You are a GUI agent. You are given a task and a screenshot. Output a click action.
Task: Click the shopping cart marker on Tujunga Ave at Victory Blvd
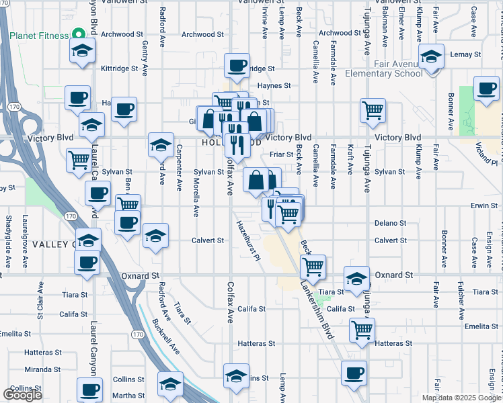click(373, 110)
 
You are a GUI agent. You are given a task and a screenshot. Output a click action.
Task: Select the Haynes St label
click(274, 86)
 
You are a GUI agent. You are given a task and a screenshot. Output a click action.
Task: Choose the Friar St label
click(281, 154)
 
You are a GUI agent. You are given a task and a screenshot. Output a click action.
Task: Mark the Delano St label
click(390, 223)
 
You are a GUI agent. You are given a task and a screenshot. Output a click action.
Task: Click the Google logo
click(22, 395)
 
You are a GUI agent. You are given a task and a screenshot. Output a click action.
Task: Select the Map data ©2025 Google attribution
click(461, 398)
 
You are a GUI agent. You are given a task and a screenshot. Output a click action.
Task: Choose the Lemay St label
click(468, 54)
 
